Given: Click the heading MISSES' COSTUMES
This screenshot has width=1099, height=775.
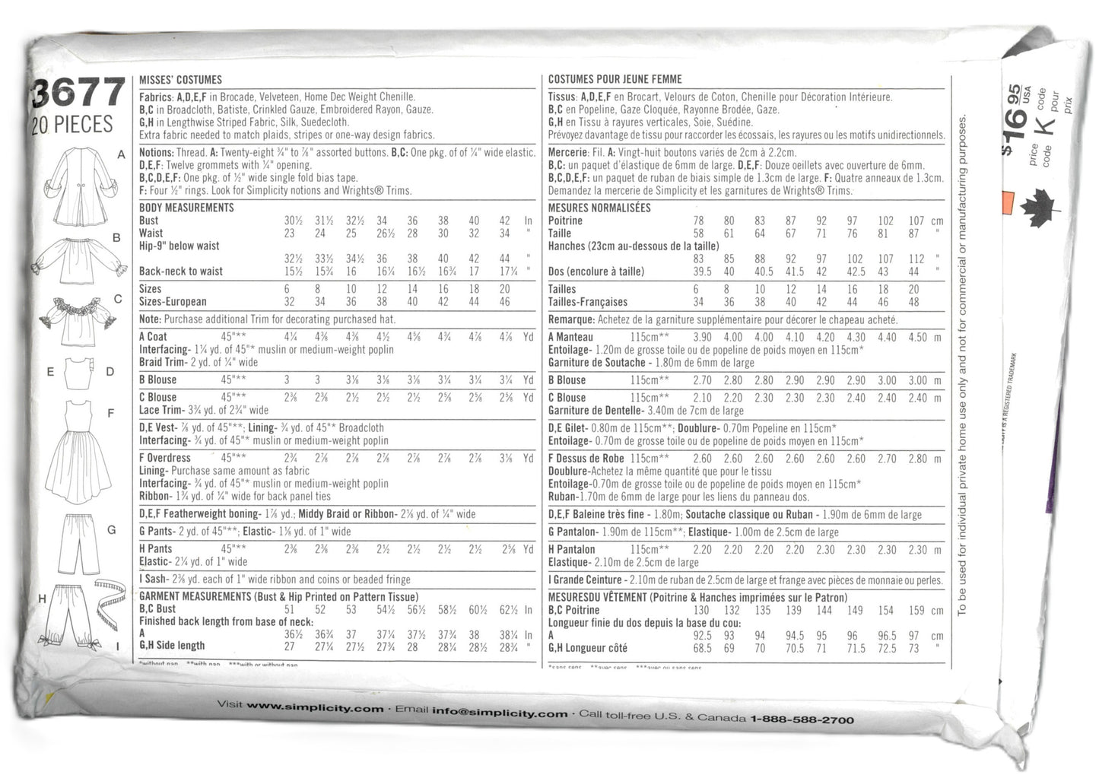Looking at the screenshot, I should pyautogui.click(x=180, y=79).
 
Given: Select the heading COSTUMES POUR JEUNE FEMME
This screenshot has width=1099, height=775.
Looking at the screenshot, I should pyautogui.click(x=615, y=79).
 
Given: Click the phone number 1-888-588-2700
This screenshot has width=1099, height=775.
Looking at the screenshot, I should pyautogui.click(x=802, y=719).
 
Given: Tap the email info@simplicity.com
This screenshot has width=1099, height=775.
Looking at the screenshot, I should pyautogui.click(x=500, y=712).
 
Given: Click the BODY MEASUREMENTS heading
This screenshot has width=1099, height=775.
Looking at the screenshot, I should pyautogui.click(x=186, y=208).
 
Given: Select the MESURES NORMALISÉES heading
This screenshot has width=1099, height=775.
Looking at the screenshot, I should pyautogui.click(x=599, y=208).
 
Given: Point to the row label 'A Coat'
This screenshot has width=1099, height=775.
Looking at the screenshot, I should pyautogui.click(x=153, y=336).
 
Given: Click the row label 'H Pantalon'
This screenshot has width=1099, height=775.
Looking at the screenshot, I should pyautogui.click(x=572, y=549).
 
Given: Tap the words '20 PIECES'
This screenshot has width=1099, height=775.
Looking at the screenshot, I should pyautogui.click(x=72, y=125).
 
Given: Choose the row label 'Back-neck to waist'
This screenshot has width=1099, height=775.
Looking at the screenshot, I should pyautogui.click(x=181, y=271).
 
